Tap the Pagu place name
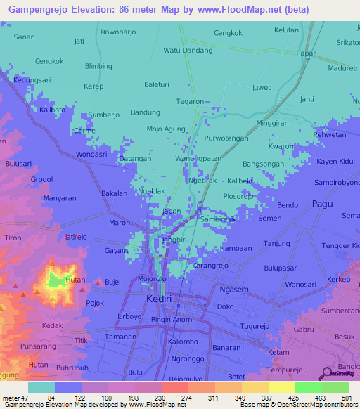pyautogui.click(x=323, y=204)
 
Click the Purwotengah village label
pyautogui.click(x=226, y=138)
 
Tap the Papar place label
pyautogui.click(x=306, y=53)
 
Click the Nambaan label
pyautogui.click(x=236, y=248)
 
